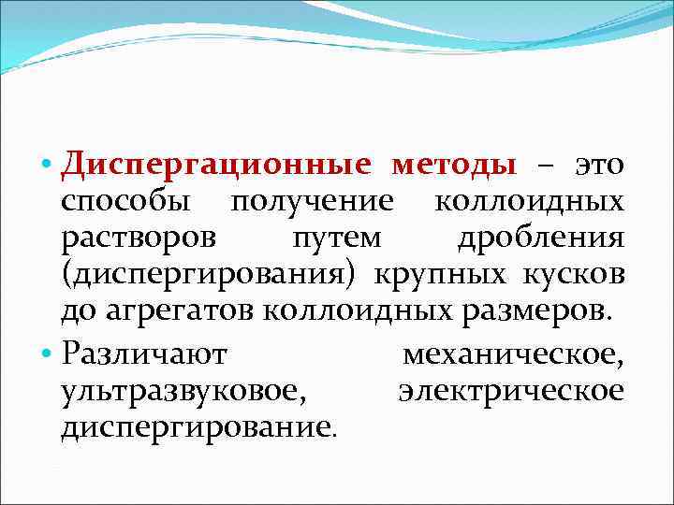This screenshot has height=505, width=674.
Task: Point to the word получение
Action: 314,203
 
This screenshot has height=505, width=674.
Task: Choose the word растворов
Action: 138,238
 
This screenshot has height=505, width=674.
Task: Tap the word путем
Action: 336,238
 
